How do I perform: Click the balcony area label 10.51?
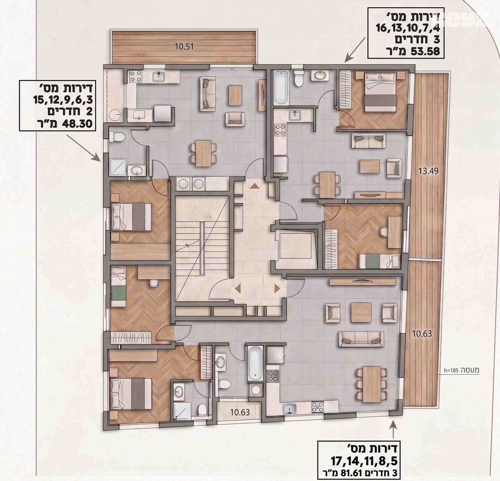click(184, 47)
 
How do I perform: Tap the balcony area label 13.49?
click(428, 171)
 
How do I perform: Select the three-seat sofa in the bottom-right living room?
click(361, 339)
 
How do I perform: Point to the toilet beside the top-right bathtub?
click(299, 78)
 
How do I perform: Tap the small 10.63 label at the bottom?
click(240, 412)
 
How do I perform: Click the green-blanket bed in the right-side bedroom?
click(379, 261)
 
